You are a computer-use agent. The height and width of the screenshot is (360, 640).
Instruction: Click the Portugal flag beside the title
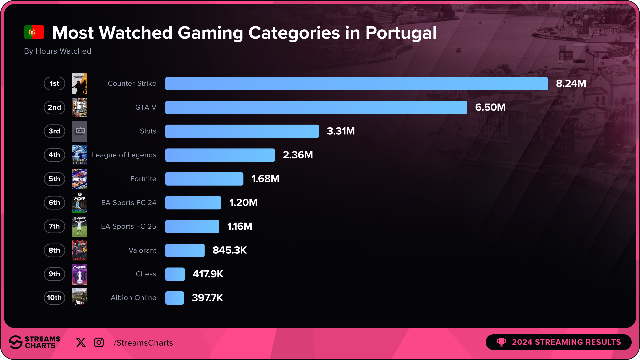tap(34, 32)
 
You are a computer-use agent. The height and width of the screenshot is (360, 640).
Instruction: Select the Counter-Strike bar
tap(356, 84)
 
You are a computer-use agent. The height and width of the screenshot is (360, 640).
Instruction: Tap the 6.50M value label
tap(490, 107)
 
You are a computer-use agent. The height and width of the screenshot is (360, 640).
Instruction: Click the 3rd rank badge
tap(54, 131)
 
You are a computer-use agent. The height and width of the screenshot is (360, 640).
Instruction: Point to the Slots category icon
tap(80, 131)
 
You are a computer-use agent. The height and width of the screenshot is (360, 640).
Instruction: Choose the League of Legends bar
tap(220, 155)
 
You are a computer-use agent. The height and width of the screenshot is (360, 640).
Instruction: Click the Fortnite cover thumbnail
tap(80, 179)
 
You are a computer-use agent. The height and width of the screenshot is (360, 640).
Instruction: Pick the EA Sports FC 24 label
tap(129, 203)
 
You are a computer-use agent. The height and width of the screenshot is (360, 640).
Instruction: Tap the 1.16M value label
tap(240, 227)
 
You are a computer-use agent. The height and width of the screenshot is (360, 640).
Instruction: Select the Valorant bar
tap(185, 250)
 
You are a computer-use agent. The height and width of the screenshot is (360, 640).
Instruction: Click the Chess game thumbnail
tap(80, 274)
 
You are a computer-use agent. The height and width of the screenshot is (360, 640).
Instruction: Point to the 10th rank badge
tap(54, 298)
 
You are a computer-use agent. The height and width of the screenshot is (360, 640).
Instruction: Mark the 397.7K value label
tap(207, 298)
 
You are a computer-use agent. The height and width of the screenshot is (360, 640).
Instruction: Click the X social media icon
tap(81, 343)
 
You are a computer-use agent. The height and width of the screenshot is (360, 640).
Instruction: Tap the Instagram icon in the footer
tap(99, 343)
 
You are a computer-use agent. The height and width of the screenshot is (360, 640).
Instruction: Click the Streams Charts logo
tap(34, 342)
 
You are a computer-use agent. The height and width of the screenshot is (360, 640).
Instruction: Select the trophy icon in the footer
tap(501, 342)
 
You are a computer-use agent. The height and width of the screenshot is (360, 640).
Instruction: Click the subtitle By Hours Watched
tap(58, 51)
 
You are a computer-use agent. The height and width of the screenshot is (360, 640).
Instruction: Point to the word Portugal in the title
tap(401, 33)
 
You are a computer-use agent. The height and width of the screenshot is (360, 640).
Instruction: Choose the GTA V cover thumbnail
tap(80, 107)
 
